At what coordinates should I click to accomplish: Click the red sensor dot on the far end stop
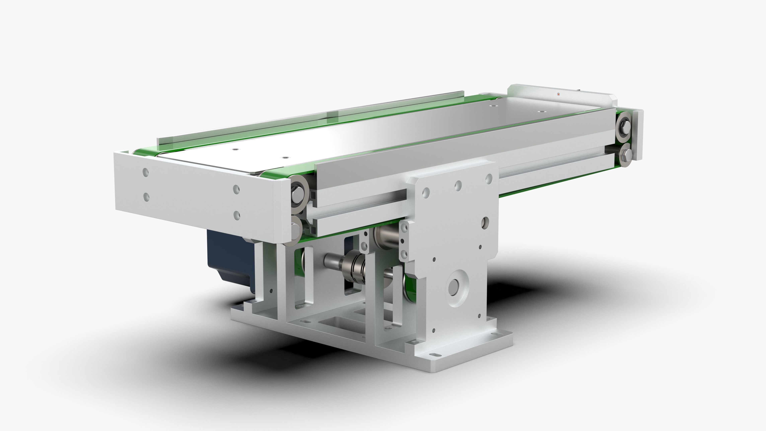558,94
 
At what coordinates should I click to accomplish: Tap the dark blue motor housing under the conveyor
229,262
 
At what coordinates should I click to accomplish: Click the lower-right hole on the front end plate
237,215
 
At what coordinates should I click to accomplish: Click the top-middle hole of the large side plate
458,186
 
